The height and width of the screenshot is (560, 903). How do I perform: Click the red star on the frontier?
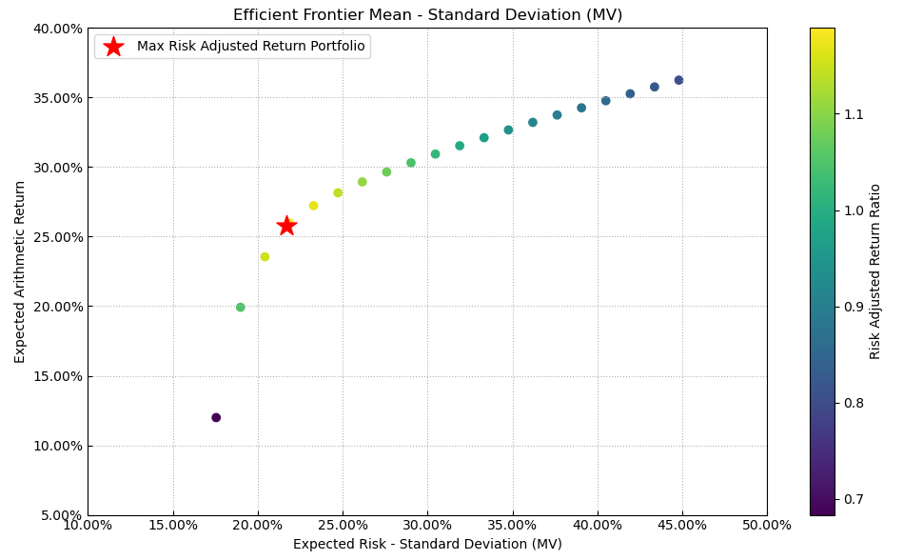tap(286, 226)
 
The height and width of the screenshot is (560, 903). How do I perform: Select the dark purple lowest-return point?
tap(216, 417)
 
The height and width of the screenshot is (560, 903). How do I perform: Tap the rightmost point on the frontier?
tap(678, 80)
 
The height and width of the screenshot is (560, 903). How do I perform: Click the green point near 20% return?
tap(241, 308)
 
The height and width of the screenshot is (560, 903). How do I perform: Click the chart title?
tap(427, 15)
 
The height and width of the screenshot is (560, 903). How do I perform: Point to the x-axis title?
tap(427, 544)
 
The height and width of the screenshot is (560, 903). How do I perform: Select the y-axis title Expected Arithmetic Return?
tap(20, 271)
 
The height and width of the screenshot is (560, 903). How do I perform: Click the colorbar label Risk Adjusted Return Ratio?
tap(875, 271)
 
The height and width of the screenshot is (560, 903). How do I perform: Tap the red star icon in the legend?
tap(113, 47)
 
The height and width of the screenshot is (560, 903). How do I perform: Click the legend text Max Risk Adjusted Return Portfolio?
tap(250, 47)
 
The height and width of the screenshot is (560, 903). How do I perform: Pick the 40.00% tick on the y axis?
tap(58, 29)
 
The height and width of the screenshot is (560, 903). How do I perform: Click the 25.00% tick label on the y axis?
tap(58, 237)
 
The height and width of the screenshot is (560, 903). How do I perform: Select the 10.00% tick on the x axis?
tap(88, 525)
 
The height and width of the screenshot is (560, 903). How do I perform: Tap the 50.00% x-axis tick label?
tap(767, 525)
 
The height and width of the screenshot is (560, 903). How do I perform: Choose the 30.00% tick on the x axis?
tap(427, 525)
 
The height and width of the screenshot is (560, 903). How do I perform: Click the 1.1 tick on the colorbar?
tap(853, 114)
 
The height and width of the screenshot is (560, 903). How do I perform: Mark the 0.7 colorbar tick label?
tap(853, 499)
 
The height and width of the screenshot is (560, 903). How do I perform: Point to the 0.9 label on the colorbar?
tap(853, 307)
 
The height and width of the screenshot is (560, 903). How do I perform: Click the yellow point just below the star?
tap(265, 256)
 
